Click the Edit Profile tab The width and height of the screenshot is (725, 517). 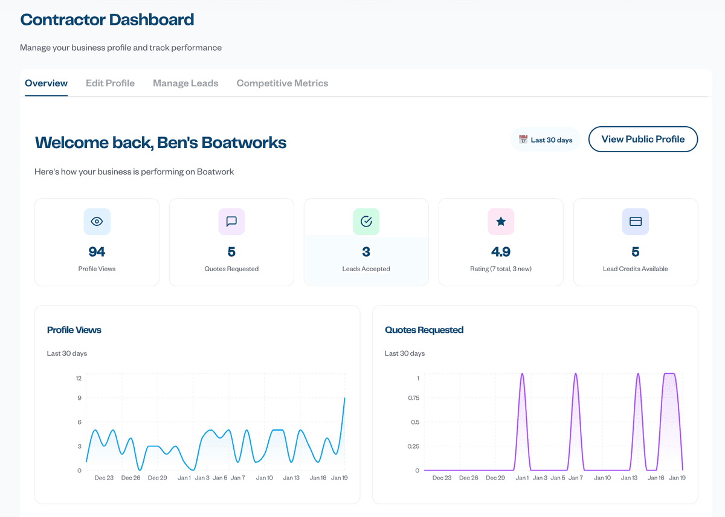coord(110,83)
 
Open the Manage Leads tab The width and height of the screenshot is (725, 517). coord(185,83)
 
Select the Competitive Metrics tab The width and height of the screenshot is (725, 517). coord(282,83)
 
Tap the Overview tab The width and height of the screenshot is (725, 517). coord(46,83)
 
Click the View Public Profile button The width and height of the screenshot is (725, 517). coord(643,139)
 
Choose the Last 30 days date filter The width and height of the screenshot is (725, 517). coord(545,140)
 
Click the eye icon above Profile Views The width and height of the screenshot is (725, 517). coord(97,222)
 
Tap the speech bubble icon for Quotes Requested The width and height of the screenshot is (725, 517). coord(231,222)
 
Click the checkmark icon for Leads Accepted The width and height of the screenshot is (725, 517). coord(366,222)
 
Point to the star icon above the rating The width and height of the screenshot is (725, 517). coord(501,222)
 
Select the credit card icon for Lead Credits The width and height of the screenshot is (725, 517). coord(636,222)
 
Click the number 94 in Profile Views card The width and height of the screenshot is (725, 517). coord(97,251)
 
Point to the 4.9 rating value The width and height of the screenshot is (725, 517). coord(501,251)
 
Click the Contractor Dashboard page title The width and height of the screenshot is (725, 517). coord(107,19)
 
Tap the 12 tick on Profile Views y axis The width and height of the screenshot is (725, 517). coord(79,378)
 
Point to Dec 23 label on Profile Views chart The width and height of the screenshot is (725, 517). coord(104,478)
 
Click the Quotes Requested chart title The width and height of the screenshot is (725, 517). coord(424,330)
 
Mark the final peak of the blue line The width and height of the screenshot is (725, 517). coord(344,398)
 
